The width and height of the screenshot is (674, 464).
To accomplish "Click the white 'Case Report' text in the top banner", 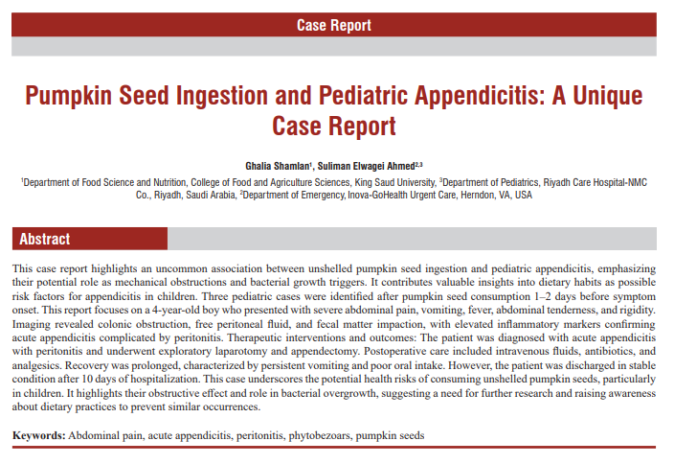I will [333, 26].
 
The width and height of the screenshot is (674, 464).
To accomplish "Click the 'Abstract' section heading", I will [45, 239].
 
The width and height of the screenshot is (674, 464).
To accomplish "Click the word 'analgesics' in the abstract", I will [38, 365].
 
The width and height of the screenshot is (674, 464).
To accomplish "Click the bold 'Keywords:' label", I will [39, 435].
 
